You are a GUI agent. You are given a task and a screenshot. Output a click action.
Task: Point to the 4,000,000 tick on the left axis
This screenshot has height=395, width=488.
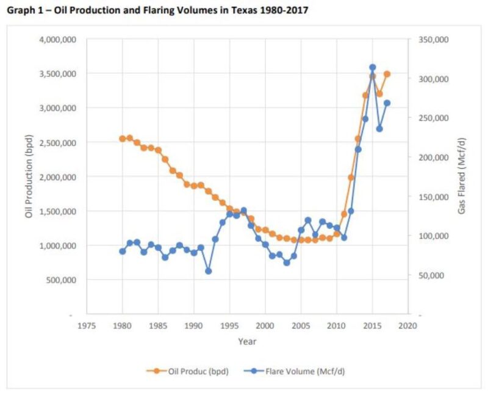[x=57, y=40]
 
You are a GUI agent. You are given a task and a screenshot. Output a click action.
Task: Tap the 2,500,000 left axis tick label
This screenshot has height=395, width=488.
[x=57, y=143]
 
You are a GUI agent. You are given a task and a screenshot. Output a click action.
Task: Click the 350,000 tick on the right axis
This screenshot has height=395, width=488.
[x=435, y=40]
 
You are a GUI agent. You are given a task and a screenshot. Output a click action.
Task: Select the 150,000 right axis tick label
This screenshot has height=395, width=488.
[x=435, y=197]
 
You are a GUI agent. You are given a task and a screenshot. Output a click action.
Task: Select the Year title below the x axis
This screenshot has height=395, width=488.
[x=247, y=341]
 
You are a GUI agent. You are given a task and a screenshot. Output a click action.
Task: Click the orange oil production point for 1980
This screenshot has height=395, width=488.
[x=123, y=139]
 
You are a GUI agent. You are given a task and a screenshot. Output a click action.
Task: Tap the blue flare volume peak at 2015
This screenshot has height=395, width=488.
[x=372, y=67]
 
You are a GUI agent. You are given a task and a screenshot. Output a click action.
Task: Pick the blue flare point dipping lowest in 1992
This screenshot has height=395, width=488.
[x=208, y=271]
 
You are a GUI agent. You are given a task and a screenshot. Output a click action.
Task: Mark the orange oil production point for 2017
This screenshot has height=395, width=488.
[x=387, y=74]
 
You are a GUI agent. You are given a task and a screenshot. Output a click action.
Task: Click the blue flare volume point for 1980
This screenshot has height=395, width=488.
[x=123, y=251]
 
